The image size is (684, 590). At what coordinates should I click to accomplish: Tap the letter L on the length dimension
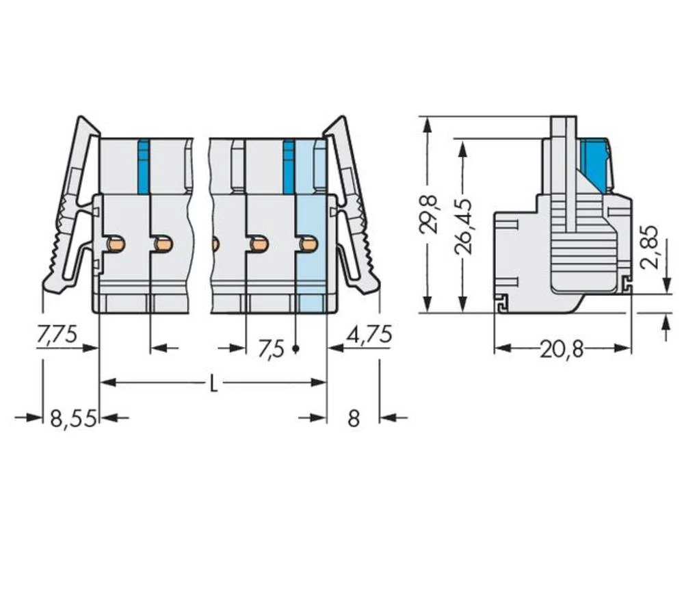coord(213,384)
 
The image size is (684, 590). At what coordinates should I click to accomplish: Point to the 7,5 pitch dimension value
coord(270,349)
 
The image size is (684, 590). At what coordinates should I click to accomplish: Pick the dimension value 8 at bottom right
coord(353,418)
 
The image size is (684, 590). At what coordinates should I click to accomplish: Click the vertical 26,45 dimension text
coord(466,227)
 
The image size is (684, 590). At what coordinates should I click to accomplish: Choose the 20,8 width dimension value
coord(562,350)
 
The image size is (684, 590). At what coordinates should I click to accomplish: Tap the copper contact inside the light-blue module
coord(308,243)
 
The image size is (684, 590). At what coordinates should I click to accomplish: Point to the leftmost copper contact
coord(116,243)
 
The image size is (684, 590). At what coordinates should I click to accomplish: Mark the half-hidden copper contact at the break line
coord(215,243)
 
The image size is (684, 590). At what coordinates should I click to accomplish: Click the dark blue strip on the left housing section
coord(143,166)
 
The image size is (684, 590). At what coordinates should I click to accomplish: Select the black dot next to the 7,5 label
coord(295,349)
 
